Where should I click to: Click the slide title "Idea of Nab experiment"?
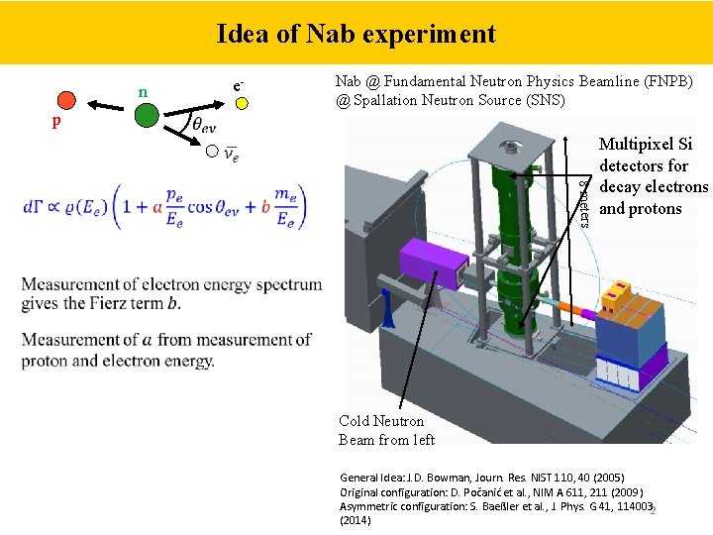[356, 34]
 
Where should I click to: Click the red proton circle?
[66, 99]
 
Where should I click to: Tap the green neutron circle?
[147, 116]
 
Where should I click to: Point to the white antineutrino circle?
[212, 152]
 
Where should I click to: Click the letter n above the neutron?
[143, 93]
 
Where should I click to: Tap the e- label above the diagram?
[239, 85]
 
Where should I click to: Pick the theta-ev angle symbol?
[202, 125]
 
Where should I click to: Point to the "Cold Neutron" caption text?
[380, 421]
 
